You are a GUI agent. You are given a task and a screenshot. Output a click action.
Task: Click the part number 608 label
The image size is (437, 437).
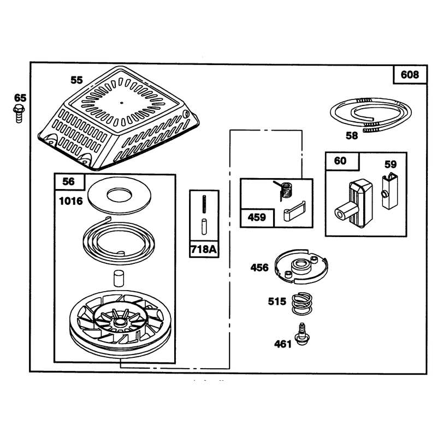pos(410,75)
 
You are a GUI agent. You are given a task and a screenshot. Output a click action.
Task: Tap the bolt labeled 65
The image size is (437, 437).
pos(19,113)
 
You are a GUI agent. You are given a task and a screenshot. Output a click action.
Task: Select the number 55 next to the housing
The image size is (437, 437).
pos(76,80)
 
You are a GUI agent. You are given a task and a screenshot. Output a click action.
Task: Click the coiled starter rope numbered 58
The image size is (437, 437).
pos(371,114)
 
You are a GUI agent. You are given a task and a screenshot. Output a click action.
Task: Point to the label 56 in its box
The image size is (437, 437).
pos(69,182)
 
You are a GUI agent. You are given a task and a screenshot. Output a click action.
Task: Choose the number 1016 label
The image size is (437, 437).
pos(71,201)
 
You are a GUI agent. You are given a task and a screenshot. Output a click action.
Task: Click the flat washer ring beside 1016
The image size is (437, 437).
pos(119,196)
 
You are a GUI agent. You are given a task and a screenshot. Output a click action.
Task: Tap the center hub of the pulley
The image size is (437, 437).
pos(120,322)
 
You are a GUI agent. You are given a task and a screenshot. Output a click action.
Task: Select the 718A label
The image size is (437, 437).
pos(204,250)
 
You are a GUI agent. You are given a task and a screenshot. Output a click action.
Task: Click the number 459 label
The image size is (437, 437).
pos(257,217)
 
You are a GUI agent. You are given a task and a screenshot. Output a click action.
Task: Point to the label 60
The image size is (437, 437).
pos(340,161)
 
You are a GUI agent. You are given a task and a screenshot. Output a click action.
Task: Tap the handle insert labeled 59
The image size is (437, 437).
pos(389,191)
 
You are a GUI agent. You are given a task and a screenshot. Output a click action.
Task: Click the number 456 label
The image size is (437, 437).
pos(259,268)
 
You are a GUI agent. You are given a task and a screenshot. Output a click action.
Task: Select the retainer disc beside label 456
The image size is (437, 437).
pos(302,267)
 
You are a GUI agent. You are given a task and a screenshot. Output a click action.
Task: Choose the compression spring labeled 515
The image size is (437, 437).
pos(302,304)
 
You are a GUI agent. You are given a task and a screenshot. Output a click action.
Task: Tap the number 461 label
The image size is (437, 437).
pos(283,344)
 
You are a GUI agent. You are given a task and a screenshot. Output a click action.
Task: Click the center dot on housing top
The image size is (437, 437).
pos(121,103)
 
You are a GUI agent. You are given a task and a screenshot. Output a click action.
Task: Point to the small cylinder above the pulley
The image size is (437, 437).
pos(118,278)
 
